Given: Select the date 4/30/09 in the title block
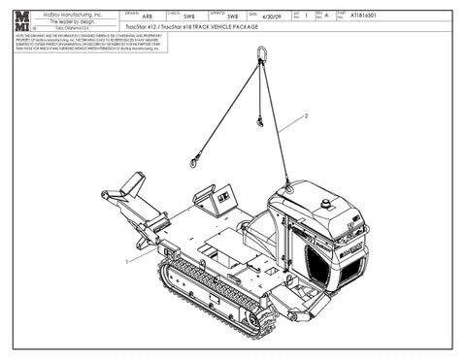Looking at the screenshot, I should point(274,16).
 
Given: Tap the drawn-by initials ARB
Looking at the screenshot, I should point(147,16).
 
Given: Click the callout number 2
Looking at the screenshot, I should point(307,115).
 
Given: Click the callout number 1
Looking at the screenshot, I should point(126,261).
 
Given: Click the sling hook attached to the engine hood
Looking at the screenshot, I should point(286,184).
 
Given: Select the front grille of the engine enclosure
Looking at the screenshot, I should point(326,266).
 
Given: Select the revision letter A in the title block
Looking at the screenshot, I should point(326,16).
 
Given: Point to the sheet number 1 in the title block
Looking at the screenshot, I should point(306,16).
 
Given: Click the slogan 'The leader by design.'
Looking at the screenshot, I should point(69,21).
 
